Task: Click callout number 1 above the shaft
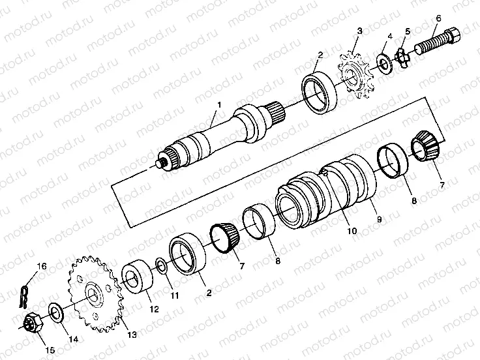tap(219, 105)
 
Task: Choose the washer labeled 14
tap(56, 312)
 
